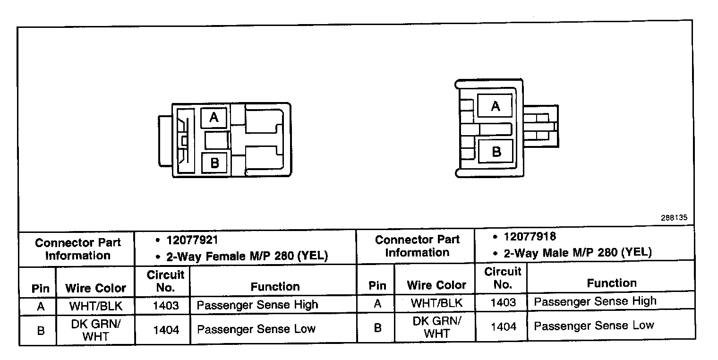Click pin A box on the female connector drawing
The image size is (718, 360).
[x=214, y=117]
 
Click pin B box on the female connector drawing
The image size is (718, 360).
[x=214, y=163]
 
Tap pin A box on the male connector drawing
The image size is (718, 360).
[x=495, y=106]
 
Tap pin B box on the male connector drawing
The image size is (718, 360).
[x=496, y=152]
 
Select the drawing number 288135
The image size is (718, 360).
[x=674, y=218]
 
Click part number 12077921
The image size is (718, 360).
[x=192, y=240]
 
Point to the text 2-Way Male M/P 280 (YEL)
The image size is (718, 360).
[x=578, y=253]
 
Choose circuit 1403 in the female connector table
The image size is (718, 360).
[x=166, y=306]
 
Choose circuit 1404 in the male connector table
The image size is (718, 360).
[x=504, y=326]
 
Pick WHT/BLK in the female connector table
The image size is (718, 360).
[x=95, y=306]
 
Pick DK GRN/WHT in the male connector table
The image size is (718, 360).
[x=436, y=326]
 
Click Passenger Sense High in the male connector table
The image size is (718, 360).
[x=595, y=301]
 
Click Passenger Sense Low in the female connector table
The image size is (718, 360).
[x=256, y=329]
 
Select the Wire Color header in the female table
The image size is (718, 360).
[x=95, y=288]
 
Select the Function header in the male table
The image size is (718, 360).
[x=611, y=283]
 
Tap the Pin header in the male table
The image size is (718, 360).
[x=377, y=285]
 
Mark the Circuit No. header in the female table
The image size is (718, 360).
[x=165, y=281]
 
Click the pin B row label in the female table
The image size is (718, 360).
[x=41, y=330]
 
